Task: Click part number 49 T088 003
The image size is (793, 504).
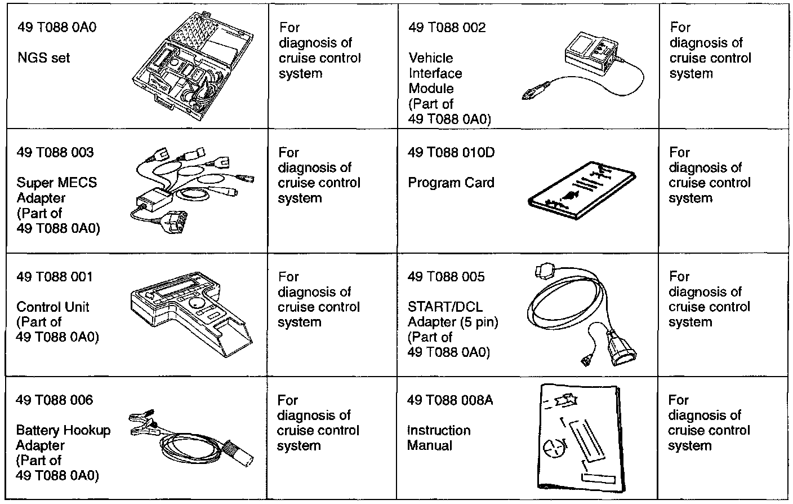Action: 55,152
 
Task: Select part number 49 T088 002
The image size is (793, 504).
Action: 447,28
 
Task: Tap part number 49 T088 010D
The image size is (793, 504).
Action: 451,152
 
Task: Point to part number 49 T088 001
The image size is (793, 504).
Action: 54,277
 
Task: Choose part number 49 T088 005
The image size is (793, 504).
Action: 445,277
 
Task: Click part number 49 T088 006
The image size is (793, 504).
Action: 55,400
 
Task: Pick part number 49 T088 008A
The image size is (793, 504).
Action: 449,400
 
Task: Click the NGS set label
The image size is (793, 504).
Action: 43,58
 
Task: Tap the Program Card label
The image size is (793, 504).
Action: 451,183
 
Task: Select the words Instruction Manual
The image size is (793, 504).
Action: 439,438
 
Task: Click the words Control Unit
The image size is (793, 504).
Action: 53,307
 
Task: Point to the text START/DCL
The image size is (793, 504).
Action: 445,307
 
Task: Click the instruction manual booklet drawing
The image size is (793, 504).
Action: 580,437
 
